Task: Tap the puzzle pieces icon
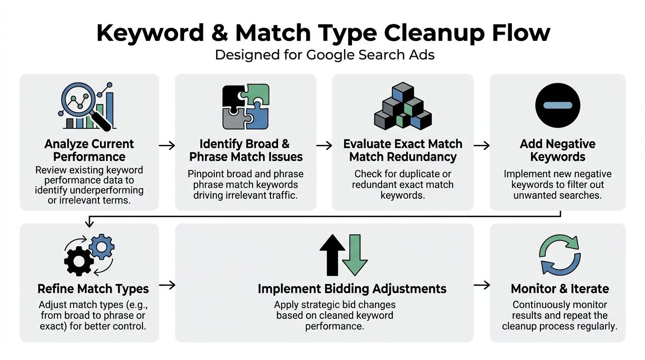[246, 106]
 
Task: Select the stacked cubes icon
[402, 107]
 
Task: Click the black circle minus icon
[557, 105]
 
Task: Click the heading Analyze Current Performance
[89, 150]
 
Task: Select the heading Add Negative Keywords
[557, 150]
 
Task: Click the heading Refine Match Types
[93, 288]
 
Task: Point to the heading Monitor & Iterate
[560, 288]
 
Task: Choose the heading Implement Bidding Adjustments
[352, 288]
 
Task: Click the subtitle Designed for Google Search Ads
[324, 55]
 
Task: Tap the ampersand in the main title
[219, 33]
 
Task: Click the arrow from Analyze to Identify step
[167, 146]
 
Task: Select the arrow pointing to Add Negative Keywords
[481, 146]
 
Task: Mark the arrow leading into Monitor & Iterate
[481, 285]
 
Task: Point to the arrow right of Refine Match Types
[167, 285]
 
